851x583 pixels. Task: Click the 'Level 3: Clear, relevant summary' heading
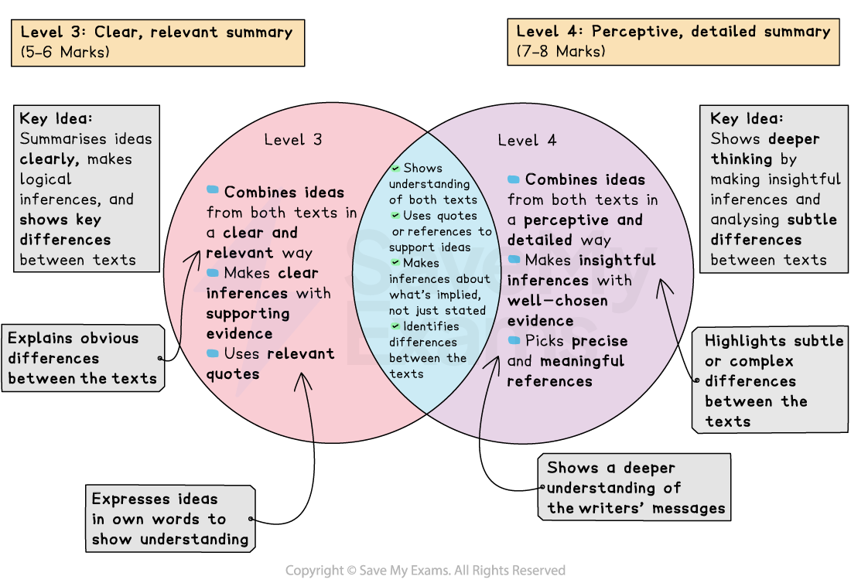click(x=156, y=32)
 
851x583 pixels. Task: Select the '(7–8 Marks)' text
click(x=561, y=52)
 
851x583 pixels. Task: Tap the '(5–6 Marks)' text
click(x=65, y=52)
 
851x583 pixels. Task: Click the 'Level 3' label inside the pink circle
click(x=292, y=140)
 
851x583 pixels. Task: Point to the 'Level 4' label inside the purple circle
click(x=527, y=140)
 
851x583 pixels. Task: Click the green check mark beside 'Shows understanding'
click(x=395, y=168)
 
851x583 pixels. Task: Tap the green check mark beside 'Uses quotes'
click(x=395, y=215)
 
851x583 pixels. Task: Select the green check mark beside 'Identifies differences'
click(x=395, y=326)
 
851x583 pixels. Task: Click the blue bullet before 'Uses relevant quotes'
click(x=213, y=353)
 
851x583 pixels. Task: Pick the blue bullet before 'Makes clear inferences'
click(x=213, y=272)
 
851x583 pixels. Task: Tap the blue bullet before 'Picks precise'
click(x=514, y=340)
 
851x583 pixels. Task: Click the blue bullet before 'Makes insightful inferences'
click(x=514, y=260)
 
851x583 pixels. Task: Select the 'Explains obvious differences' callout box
click(x=83, y=358)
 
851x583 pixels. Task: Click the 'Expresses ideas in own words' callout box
click(x=169, y=519)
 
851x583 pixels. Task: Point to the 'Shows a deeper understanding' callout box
click(x=634, y=488)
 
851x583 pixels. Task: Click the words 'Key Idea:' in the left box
click(x=56, y=119)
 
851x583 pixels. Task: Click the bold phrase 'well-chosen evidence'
click(x=557, y=310)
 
